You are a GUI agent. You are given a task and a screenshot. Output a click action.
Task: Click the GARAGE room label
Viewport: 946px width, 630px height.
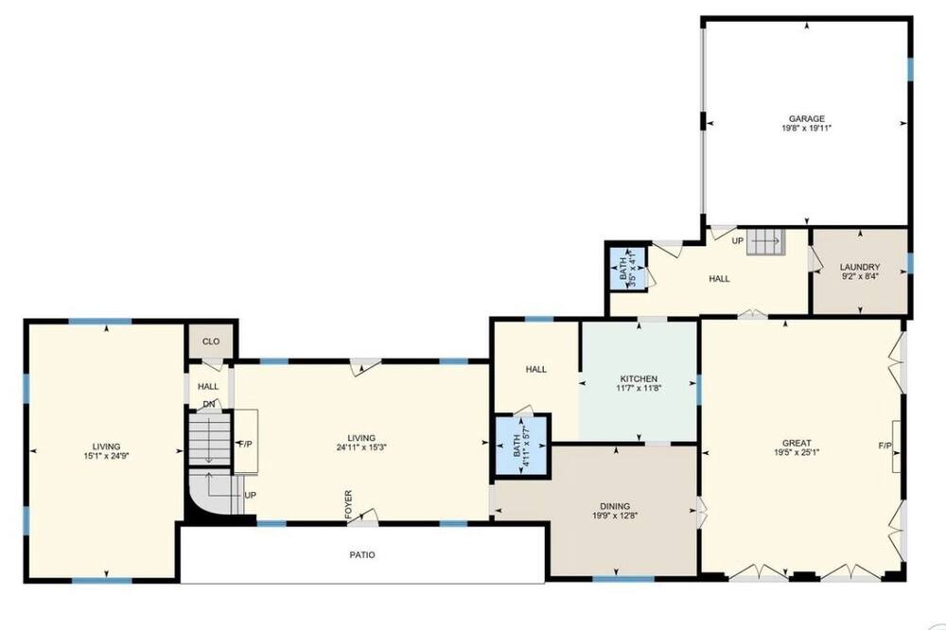pyautogui.click(x=807, y=119)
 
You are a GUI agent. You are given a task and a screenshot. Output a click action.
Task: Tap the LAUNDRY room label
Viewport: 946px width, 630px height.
pyautogui.click(x=860, y=267)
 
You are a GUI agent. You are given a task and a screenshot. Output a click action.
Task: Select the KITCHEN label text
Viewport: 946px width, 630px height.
pyautogui.click(x=639, y=379)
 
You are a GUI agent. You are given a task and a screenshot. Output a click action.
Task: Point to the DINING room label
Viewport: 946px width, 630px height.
pyautogui.click(x=615, y=506)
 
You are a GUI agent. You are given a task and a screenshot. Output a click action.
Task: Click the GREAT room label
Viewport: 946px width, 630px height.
pyautogui.click(x=797, y=443)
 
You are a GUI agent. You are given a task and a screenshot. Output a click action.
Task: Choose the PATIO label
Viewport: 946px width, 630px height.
pyautogui.click(x=362, y=554)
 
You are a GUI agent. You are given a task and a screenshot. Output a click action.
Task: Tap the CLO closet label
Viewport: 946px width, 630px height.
pyautogui.click(x=211, y=341)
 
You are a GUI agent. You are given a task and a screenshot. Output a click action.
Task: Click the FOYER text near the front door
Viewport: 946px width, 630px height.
pyautogui.click(x=348, y=504)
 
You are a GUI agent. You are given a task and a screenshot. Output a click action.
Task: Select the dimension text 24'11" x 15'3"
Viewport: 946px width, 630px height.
pyautogui.click(x=361, y=447)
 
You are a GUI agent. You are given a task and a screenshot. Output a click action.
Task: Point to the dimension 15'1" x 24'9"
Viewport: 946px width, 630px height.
pyautogui.click(x=106, y=456)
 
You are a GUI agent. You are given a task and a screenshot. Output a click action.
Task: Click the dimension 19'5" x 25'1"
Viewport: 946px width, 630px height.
pyautogui.click(x=797, y=452)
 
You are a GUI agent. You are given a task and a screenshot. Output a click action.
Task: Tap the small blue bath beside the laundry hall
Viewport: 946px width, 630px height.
pyautogui.click(x=627, y=268)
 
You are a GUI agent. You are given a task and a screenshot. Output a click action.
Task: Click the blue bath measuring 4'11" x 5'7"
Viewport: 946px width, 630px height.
pyautogui.click(x=521, y=446)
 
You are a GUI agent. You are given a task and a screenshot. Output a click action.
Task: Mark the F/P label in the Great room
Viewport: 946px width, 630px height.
pyautogui.click(x=885, y=446)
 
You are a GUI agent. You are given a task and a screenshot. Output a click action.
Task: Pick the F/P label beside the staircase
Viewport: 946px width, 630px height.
pyautogui.click(x=246, y=444)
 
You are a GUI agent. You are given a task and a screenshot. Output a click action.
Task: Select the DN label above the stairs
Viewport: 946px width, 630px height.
pyautogui.click(x=209, y=404)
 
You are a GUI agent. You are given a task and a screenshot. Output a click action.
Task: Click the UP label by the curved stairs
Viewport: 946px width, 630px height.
pyautogui.click(x=251, y=496)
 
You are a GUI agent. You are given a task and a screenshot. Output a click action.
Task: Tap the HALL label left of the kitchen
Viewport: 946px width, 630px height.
pyautogui.click(x=535, y=369)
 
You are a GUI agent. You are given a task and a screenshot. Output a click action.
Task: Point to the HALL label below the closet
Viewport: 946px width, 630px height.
pyautogui.click(x=208, y=386)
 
